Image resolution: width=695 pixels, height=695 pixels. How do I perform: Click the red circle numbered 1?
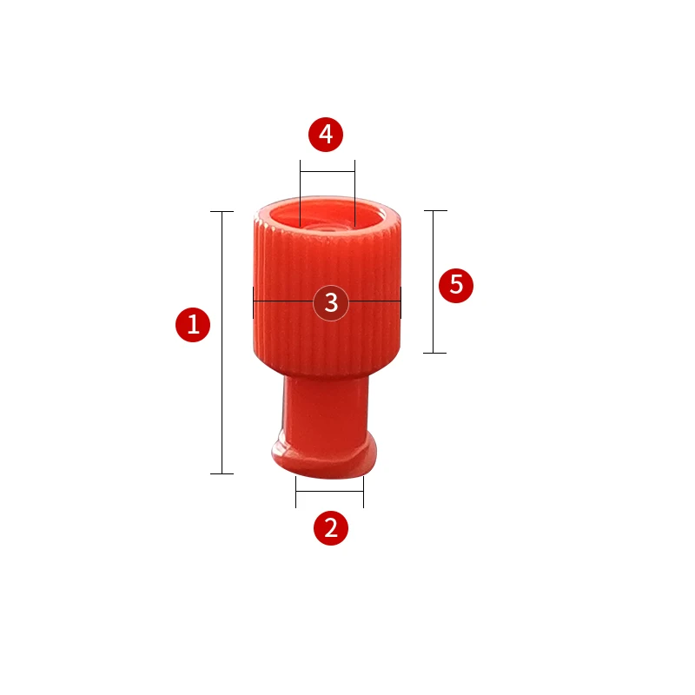193,325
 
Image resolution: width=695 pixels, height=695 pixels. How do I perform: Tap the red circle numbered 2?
330,527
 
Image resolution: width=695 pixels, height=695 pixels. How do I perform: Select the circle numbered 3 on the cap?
331,302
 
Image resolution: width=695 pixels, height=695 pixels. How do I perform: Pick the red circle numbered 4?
327,134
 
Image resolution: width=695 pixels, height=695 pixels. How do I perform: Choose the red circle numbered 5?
456,285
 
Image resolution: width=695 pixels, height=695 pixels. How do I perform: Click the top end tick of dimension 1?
222,211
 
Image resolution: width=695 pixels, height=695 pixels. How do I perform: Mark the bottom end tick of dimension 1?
222,473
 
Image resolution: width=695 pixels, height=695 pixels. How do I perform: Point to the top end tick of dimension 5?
434,210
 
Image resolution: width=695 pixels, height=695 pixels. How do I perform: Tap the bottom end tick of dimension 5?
434,353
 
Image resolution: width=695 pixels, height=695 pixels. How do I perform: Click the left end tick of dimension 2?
296,492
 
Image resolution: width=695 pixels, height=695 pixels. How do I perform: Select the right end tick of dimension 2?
363,492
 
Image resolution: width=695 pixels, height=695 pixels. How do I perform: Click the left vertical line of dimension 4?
300,191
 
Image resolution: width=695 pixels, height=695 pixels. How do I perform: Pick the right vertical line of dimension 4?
355,191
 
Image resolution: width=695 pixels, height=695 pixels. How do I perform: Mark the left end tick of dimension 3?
253,302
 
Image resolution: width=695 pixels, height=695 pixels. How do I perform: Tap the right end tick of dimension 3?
401,302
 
